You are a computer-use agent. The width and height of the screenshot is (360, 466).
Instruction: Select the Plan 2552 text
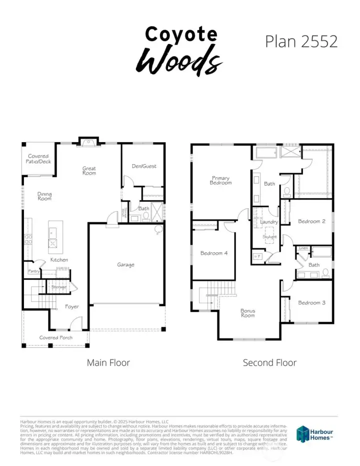301,41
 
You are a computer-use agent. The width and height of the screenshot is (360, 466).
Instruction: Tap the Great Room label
89,171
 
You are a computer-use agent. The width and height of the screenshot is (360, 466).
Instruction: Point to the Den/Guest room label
143,166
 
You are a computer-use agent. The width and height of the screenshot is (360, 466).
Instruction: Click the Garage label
125,265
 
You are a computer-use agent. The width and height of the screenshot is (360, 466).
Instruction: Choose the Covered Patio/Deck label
38,159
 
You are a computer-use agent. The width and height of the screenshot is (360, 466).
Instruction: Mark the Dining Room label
44,197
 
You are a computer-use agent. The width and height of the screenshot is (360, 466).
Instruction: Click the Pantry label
34,271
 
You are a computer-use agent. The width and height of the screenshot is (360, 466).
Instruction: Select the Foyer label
72,306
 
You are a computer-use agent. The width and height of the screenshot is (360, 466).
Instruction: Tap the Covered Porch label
56,337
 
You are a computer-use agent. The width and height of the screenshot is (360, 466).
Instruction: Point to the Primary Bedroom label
220,180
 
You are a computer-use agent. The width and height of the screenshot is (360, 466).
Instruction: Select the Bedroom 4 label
214,253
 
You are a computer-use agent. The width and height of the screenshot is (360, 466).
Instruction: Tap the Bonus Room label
247,313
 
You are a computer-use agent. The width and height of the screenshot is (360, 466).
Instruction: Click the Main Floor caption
108,362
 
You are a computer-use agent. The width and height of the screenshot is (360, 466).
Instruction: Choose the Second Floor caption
269,362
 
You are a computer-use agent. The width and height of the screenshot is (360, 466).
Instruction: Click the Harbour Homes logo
314,433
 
